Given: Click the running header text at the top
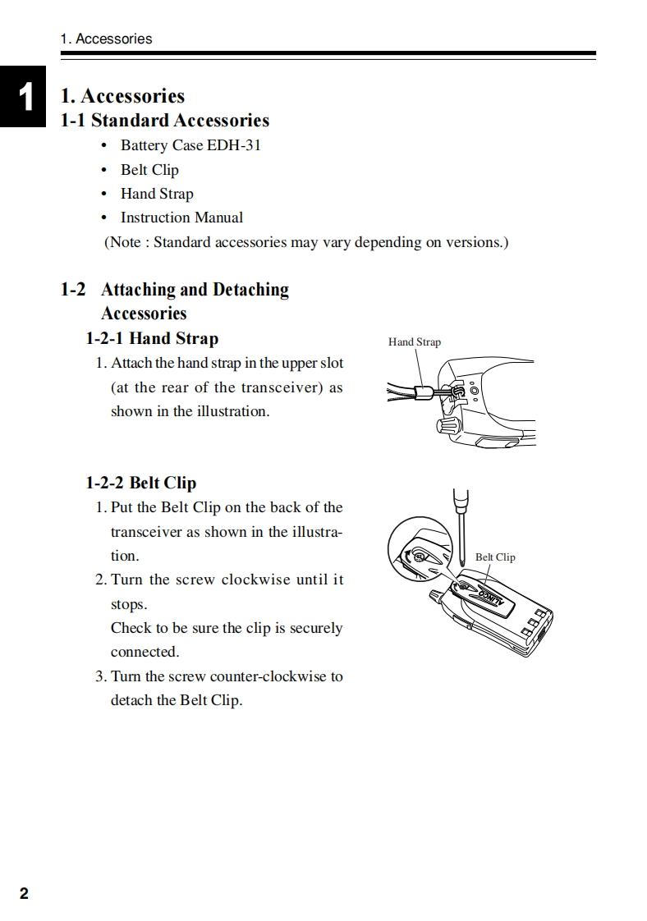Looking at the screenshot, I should (x=106, y=39).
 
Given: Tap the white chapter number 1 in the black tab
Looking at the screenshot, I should (x=26, y=97).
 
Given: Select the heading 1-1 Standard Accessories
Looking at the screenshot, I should (x=165, y=121).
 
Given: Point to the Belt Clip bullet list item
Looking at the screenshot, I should (x=149, y=170).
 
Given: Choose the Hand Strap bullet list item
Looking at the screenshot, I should (x=157, y=194).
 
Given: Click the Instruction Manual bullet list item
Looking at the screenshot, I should (x=181, y=218).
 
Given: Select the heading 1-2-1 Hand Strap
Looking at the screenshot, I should (x=152, y=338).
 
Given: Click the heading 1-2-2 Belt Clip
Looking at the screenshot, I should (x=140, y=483).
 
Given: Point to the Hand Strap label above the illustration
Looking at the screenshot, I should (x=415, y=341).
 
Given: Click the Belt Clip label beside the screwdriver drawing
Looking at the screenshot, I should (x=495, y=557).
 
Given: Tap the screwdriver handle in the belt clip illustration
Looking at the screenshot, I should (x=461, y=499).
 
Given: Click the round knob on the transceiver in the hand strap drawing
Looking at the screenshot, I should (x=447, y=424).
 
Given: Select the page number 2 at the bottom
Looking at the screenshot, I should (x=24, y=894).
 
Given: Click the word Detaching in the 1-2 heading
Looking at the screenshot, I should (x=250, y=290).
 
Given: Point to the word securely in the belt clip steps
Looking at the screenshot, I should (x=315, y=628).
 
